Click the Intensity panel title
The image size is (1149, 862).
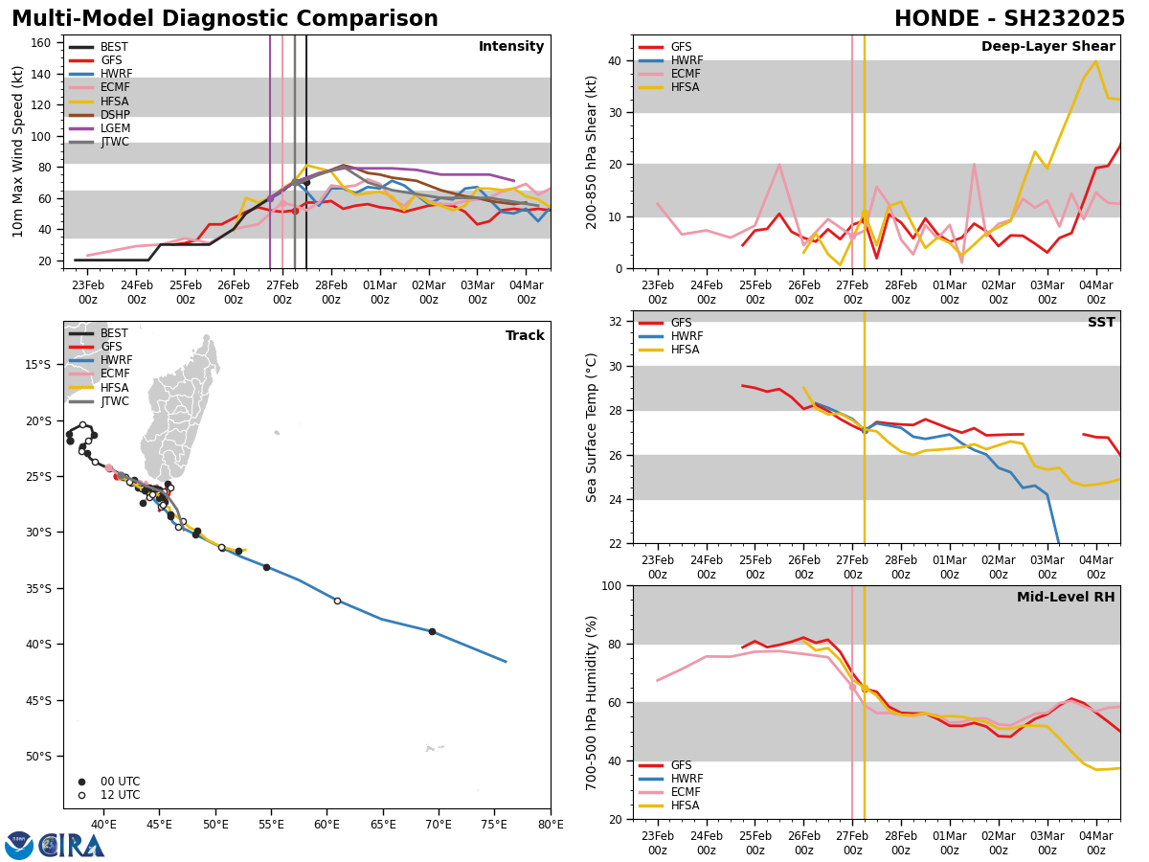[511, 47]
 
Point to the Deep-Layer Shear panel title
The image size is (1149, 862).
[1048, 47]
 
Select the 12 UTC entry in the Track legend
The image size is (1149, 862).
[120, 795]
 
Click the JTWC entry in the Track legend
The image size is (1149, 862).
[114, 401]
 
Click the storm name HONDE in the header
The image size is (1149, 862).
[944, 19]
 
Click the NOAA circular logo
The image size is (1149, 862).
[19, 845]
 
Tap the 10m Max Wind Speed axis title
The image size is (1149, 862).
[17, 151]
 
